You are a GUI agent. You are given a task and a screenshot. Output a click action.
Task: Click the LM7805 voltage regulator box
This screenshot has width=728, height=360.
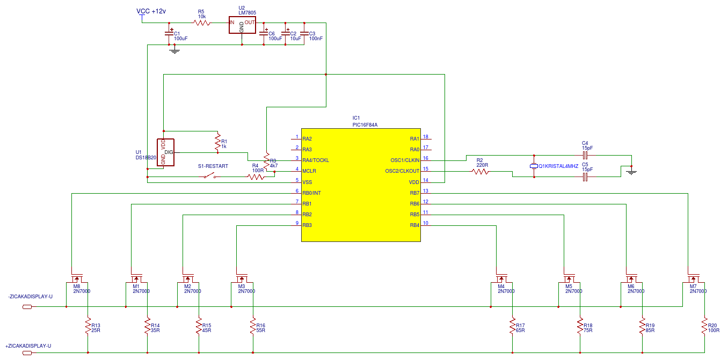pyautogui.click(x=242, y=25)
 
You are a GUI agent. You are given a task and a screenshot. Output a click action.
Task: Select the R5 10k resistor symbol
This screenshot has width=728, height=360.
pyautogui.click(x=202, y=23)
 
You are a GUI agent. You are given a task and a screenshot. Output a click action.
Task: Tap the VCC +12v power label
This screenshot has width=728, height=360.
pyautogui.click(x=151, y=11)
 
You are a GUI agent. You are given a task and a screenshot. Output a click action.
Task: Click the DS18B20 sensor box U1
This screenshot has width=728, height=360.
pyautogui.click(x=165, y=152)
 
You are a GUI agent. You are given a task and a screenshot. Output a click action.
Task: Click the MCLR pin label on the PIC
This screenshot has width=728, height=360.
pyautogui.click(x=309, y=171)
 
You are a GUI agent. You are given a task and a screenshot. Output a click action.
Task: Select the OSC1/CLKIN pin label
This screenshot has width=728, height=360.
pyautogui.click(x=405, y=160)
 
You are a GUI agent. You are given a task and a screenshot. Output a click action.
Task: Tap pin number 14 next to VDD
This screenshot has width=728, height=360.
pyautogui.click(x=425, y=180)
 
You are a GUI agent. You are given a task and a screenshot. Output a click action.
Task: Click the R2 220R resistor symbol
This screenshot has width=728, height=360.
pyautogui.click(x=481, y=172)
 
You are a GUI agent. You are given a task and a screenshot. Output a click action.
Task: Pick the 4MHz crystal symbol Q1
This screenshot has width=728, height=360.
pyautogui.click(x=534, y=166)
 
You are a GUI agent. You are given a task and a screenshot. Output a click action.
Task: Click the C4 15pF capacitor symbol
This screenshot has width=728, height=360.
pyautogui.click(x=585, y=155)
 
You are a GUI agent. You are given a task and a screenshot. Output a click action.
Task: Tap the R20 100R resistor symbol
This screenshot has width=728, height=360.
pyautogui.click(x=704, y=326)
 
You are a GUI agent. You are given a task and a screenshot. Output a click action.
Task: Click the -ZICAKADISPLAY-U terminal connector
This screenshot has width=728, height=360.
pyautogui.click(x=27, y=307)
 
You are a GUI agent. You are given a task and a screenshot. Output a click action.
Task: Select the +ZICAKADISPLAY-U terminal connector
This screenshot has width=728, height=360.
pyautogui.click(x=27, y=353)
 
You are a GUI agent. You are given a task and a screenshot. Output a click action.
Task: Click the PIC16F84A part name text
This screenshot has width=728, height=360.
pyautogui.click(x=365, y=125)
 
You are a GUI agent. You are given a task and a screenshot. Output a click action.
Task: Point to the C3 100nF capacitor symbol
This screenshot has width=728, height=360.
pyautogui.click(x=304, y=33)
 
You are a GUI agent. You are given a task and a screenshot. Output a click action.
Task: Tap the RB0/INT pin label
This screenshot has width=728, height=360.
pyautogui.click(x=311, y=193)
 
